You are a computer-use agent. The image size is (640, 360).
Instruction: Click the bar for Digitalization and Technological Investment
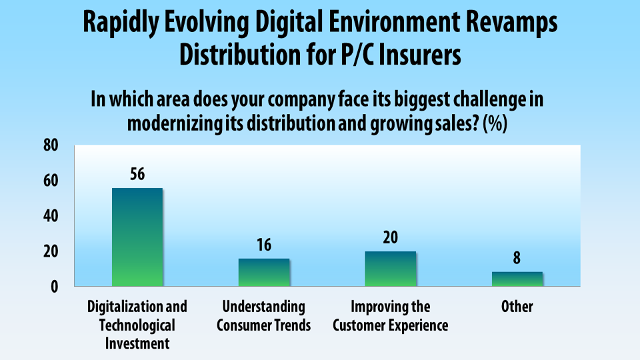[137, 237]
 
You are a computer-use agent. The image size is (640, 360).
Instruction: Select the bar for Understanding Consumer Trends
[264, 272]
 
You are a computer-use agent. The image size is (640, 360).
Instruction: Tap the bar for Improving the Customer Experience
[391, 269]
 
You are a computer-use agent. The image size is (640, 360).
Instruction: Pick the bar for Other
[517, 279]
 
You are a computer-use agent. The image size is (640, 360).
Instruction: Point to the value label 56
[137, 174]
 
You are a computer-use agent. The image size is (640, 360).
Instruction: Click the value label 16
[264, 245]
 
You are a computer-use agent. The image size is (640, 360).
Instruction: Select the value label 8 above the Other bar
[517, 258]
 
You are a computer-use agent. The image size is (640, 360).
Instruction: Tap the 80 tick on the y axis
[51, 145]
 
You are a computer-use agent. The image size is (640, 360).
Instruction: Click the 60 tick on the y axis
[51, 181]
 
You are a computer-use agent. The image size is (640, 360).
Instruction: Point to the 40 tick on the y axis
[51, 215]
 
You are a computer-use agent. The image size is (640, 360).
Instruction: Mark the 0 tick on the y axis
[55, 287]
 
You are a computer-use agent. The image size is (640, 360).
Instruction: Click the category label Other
[517, 307]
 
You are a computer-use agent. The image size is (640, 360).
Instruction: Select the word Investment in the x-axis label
[137, 343]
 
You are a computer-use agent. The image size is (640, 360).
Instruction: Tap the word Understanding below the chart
[264, 307]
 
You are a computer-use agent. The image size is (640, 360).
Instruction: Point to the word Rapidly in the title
[121, 23]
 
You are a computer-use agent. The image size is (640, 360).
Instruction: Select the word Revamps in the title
[511, 23]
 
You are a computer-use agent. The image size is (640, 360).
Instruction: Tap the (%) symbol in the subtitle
[495, 123]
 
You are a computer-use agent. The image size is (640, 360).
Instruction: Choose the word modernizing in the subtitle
[175, 124]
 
